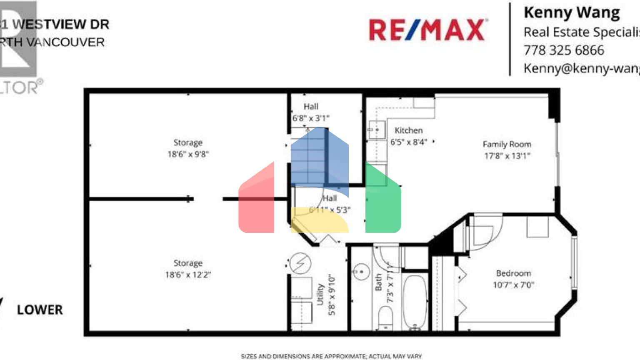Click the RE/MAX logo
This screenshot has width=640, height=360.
pos(427,30)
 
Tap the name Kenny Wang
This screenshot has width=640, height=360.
pos(571,12)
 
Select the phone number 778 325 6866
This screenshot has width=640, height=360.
pos(563,50)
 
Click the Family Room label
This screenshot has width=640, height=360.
pos(507,144)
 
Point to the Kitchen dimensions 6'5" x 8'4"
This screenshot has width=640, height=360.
pos(408,142)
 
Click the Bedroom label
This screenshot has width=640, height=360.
pos(513,273)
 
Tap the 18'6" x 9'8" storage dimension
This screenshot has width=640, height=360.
pos(188,154)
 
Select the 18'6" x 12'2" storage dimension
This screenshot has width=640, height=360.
pos(188,275)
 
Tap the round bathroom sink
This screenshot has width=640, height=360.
pos(361,272)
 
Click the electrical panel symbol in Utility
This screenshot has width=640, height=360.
pos(300,263)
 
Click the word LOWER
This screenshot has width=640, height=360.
pos(40,310)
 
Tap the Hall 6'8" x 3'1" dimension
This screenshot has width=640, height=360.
pos(310,118)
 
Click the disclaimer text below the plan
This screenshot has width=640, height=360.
pos(331,356)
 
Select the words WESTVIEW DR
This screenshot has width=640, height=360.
pos(61,24)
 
